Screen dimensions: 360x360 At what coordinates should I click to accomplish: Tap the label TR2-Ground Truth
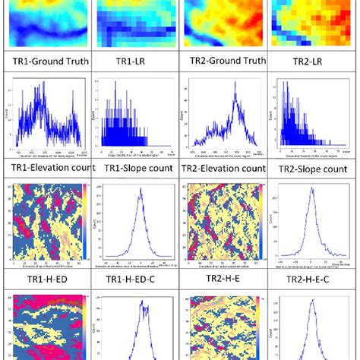coord(221,62)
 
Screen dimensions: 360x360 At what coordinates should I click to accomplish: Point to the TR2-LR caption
coord(311,62)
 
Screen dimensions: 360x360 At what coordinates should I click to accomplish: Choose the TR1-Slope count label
coord(133,168)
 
